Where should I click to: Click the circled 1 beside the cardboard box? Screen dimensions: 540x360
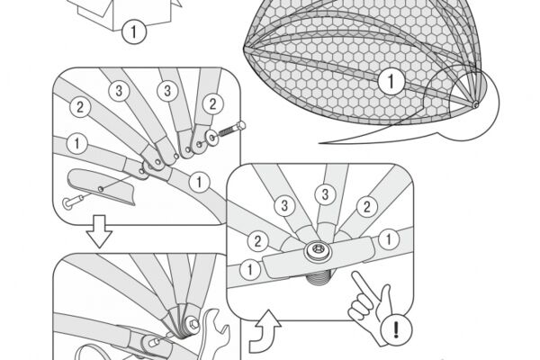point(134,31)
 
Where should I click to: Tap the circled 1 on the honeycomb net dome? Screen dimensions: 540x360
point(391,82)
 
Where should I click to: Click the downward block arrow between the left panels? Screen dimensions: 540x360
point(99,231)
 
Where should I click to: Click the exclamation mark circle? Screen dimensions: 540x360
point(396,329)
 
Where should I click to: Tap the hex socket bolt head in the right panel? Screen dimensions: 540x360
point(317,251)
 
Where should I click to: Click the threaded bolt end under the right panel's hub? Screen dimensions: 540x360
point(319,274)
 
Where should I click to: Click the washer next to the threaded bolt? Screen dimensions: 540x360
point(212,138)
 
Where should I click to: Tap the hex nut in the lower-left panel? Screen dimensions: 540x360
point(193,324)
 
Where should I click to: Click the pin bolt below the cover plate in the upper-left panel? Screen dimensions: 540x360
point(73,202)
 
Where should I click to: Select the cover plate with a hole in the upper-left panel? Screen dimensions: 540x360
point(101,186)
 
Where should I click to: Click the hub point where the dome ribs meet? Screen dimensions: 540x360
point(475,104)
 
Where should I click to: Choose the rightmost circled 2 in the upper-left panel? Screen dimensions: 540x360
point(212,104)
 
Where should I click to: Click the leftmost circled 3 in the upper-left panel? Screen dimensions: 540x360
point(119,91)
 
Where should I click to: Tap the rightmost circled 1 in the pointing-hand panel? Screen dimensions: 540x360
point(389,239)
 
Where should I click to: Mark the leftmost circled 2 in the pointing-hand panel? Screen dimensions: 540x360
point(257,241)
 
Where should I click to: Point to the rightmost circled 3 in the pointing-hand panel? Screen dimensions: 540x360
point(325,194)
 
